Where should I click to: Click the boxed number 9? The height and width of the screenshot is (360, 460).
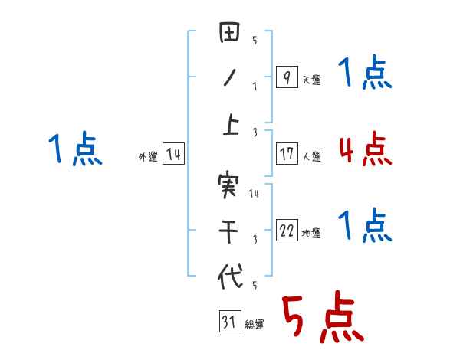[287, 77]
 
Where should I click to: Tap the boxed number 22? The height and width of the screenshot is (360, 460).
[287, 231]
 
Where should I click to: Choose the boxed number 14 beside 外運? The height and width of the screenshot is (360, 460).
[174, 155]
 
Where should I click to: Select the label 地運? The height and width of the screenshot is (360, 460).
[311, 234]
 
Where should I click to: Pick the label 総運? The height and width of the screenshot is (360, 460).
[255, 325]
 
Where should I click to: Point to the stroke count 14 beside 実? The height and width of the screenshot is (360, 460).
[254, 194]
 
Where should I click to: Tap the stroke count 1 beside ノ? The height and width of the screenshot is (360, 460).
[255, 86]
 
